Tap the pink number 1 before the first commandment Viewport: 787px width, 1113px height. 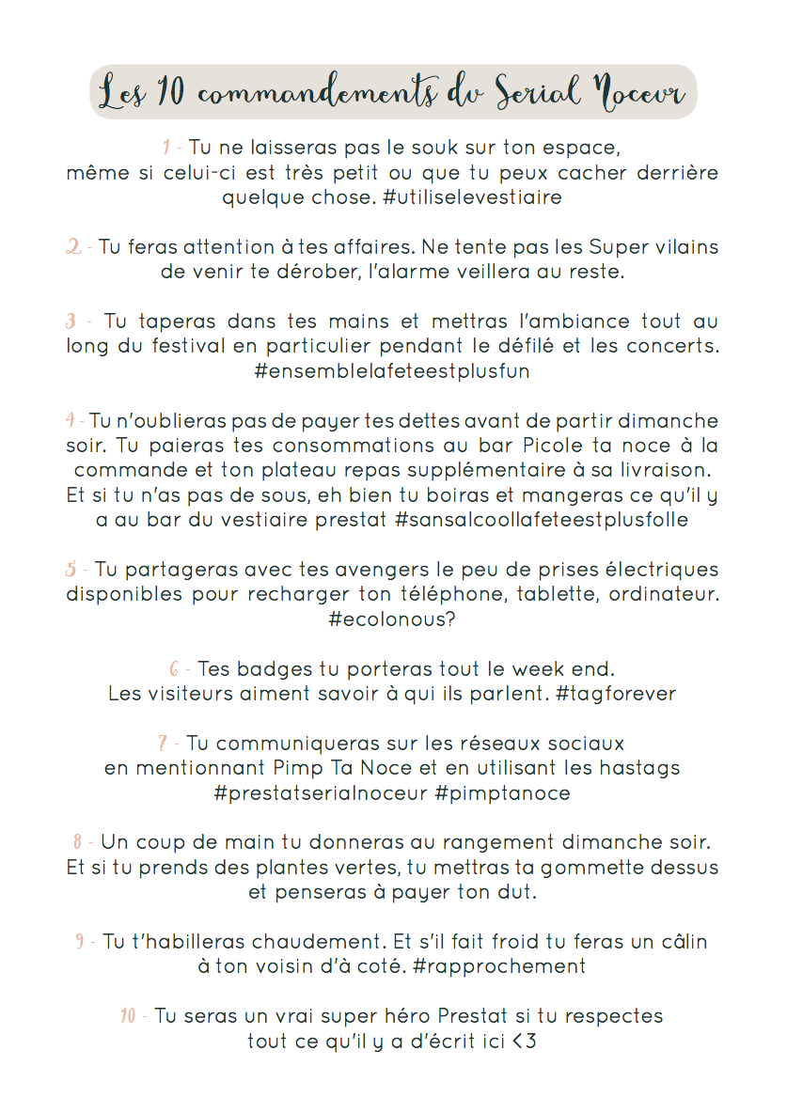point(166,148)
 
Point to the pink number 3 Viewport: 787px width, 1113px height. point(71,321)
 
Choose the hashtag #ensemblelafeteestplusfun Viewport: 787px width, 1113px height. point(392,371)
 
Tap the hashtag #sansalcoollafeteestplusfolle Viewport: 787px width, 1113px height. point(543,520)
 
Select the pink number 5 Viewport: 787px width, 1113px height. point(71,570)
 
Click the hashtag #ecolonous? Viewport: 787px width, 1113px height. point(392,619)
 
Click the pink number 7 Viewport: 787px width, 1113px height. point(163,744)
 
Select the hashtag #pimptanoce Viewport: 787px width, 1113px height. point(502,793)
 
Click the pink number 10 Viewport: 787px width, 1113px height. point(129,1016)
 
